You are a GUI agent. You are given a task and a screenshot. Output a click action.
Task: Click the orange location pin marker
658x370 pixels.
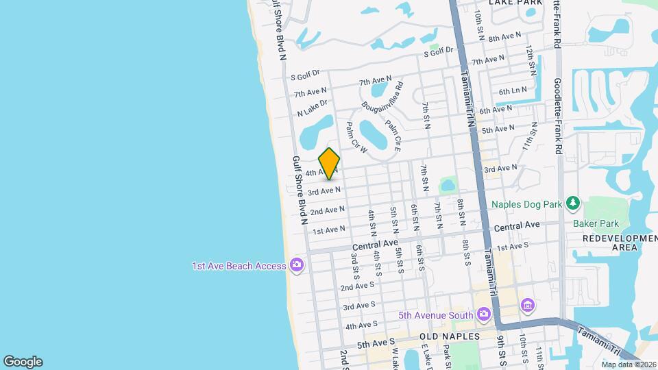pyautogui.click(x=329, y=164)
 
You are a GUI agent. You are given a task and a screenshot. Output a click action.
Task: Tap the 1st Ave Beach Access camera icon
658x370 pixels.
pyautogui.click(x=297, y=264)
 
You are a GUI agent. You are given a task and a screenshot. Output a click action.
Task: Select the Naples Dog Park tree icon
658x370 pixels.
pyautogui.click(x=573, y=203)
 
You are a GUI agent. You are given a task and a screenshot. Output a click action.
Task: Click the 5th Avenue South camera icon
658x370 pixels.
pyautogui.click(x=485, y=314)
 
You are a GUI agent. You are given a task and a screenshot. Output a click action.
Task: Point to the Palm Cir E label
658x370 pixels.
pyautogui.click(x=392, y=135)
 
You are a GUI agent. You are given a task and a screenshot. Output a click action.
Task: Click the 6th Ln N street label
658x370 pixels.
pyautogui.click(x=513, y=91)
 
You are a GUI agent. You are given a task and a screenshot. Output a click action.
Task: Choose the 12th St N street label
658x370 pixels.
pyautogui.click(x=531, y=60)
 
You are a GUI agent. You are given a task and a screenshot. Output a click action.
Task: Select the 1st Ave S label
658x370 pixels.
pyautogui.click(x=513, y=247)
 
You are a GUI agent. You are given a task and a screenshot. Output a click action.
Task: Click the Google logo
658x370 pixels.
pyautogui.click(x=23, y=361)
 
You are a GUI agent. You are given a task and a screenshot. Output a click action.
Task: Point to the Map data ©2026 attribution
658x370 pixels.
pyautogui.click(x=629, y=364)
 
